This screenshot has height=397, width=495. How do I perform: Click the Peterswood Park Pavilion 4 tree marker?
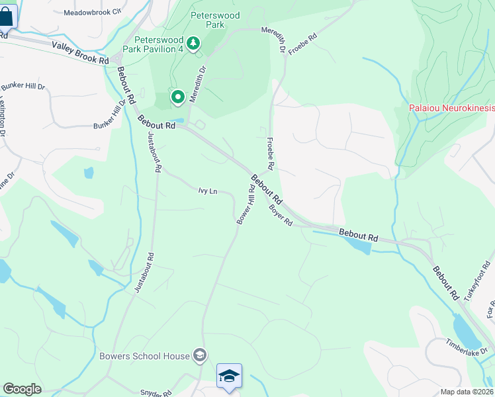click(x=193, y=44)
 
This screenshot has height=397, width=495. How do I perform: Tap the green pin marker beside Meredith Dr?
click(x=178, y=98)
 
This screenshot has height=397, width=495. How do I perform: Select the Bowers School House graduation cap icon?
click(x=199, y=356)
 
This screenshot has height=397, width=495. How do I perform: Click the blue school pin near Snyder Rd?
click(x=229, y=376)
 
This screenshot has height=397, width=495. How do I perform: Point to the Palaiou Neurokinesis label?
click(x=451, y=107)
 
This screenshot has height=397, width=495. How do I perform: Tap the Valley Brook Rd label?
click(x=80, y=52)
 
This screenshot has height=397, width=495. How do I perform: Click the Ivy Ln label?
click(x=208, y=191)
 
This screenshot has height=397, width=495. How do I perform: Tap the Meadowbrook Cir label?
click(x=93, y=12)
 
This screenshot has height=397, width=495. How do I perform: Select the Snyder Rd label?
click(x=156, y=392)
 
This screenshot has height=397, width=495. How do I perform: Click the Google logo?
click(x=22, y=389)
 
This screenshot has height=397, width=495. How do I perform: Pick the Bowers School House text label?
click(x=144, y=356)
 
